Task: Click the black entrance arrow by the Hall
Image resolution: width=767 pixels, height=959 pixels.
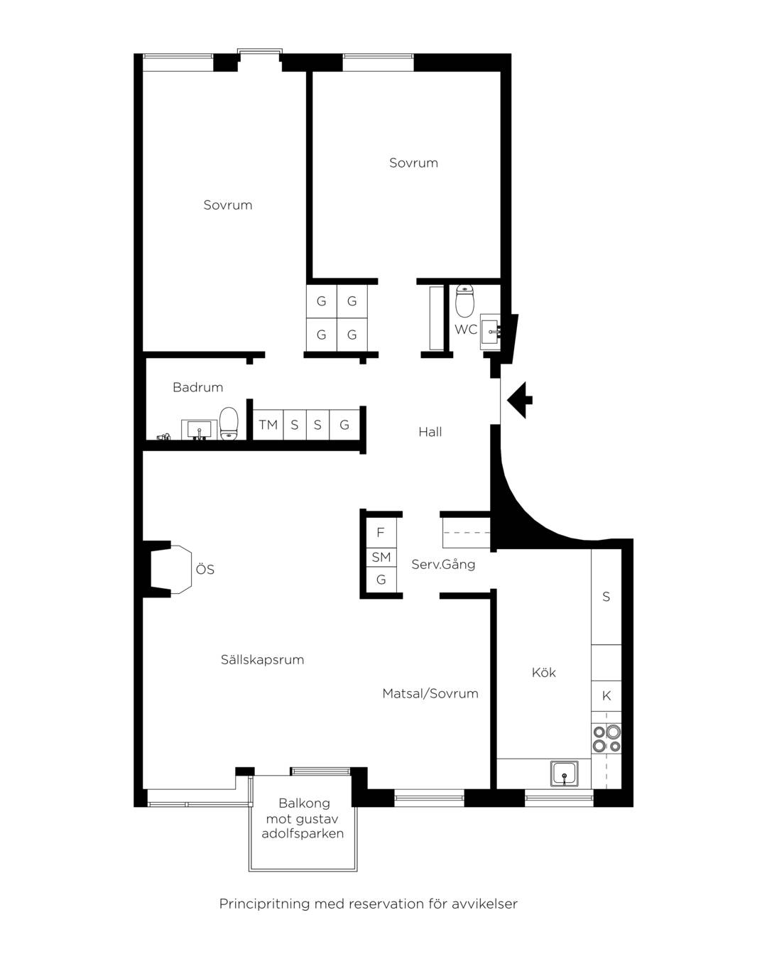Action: coord(519,400)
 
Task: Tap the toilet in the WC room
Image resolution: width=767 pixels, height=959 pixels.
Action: coord(465,300)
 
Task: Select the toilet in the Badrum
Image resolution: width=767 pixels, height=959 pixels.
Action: coord(229,423)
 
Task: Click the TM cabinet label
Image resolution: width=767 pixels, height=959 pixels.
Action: coord(268,425)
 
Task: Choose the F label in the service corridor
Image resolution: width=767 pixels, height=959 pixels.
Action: coord(380,532)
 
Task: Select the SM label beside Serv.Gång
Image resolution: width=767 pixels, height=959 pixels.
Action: coord(381,557)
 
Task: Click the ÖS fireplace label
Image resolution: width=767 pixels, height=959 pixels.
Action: coord(205,568)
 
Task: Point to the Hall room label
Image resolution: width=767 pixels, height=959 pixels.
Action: coord(430,431)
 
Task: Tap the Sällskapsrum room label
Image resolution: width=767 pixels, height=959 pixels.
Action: coord(263,659)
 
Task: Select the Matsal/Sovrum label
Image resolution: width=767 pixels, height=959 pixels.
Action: coord(430,693)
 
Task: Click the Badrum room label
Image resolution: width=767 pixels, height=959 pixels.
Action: coord(198,387)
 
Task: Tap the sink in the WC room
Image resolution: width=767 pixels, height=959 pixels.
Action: coord(490,332)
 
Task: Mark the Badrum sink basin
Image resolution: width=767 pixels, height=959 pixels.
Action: coord(199,430)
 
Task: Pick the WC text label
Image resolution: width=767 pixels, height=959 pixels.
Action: coord(466,330)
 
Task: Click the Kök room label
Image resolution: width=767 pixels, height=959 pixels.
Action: coord(544,673)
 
